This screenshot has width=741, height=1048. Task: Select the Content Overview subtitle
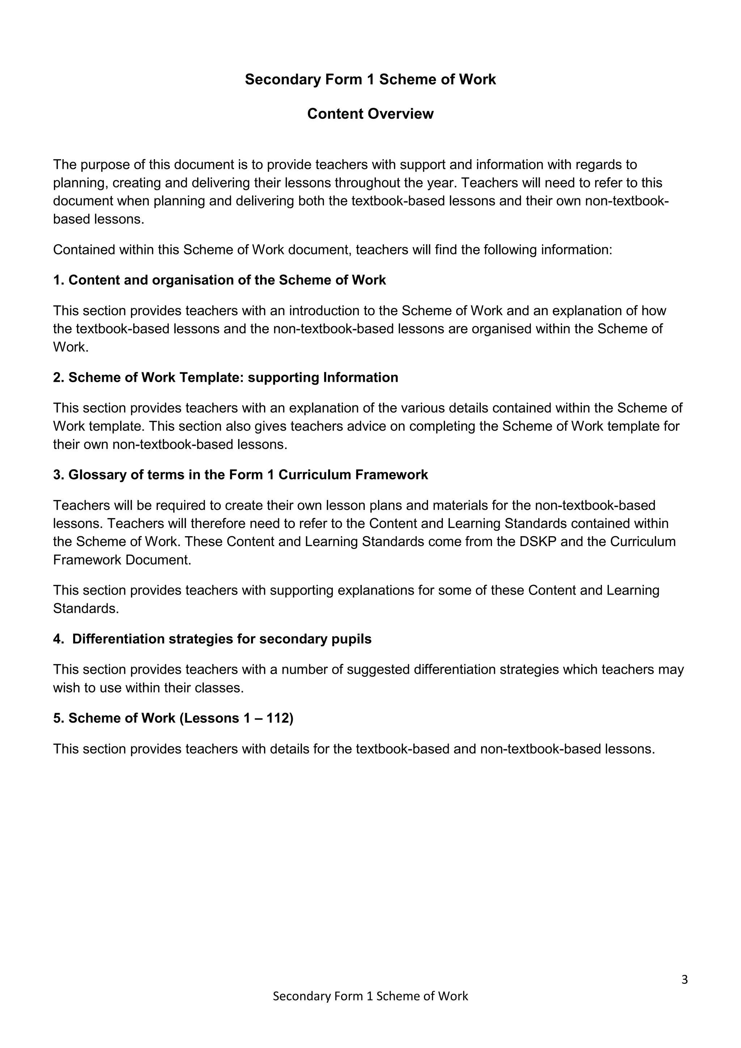(370, 114)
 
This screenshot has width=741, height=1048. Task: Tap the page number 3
(684, 980)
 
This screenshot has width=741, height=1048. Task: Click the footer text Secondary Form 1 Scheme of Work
(370, 996)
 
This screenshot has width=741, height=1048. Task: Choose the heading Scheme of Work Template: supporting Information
(225, 377)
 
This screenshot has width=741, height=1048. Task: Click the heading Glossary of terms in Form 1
(241, 475)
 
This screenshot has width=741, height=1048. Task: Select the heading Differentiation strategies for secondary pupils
(213, 639)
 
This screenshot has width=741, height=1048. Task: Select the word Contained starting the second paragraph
(84, 250)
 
